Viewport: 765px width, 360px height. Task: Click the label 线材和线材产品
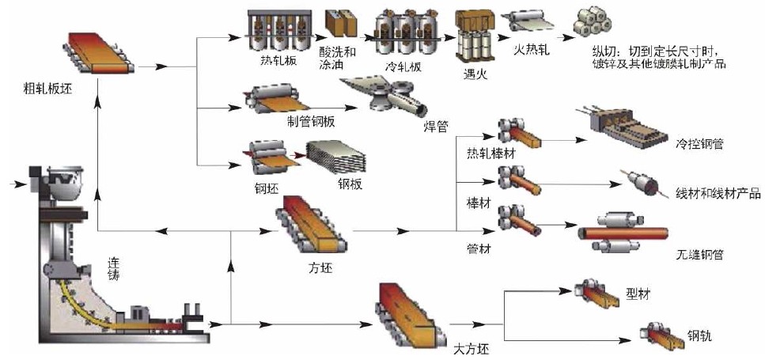coord(718,192)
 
